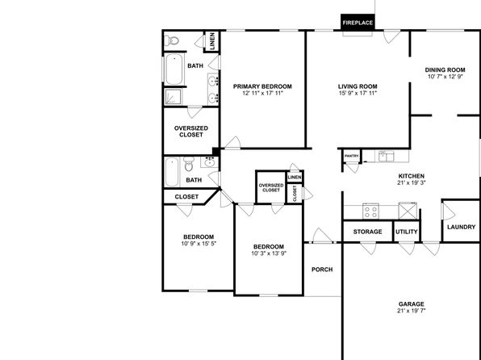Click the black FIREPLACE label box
358,23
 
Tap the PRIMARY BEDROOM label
262,86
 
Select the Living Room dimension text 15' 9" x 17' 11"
358,94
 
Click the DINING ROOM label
445,70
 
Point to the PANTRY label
352,156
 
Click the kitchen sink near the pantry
386,156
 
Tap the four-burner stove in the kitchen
370,211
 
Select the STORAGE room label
367,232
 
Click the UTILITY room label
407,232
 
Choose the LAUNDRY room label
461,227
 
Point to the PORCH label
322,270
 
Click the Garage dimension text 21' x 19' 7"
412,311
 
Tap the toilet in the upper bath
171,40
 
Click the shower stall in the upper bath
174,96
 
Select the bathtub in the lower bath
172,172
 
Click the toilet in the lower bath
189,164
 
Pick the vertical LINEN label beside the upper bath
212,41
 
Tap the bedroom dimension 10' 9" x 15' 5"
199,244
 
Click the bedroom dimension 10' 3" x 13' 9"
269,253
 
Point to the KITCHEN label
412,176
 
